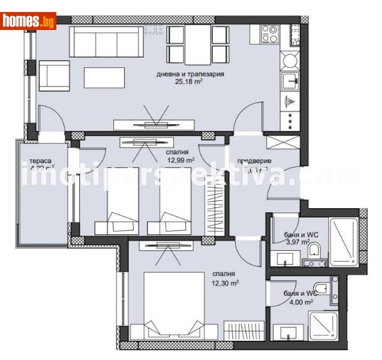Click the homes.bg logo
(x=28, y=21)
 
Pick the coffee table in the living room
(x=104, y=77)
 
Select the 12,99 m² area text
(x=181, y=160)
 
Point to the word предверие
(x=254, y=161)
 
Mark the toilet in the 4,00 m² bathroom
(x=323, y=289)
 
